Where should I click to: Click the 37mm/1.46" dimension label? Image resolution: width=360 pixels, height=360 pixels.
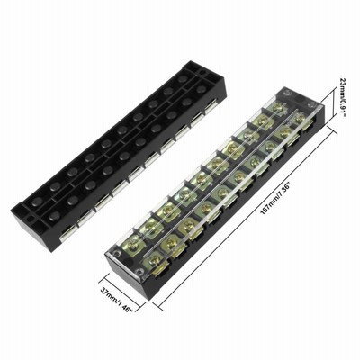click(x=117, y=300)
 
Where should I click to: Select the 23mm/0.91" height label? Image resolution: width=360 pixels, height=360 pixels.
click(x=343, y=97)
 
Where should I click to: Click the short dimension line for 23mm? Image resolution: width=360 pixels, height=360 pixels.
click(x=334, y=103)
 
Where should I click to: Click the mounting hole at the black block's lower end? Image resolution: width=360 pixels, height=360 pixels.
click(x=30, y=219)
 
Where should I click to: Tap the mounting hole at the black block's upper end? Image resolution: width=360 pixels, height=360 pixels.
click(x=203, y=73)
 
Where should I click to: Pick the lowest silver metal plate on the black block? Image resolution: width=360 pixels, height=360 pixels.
click(x=67, y=234)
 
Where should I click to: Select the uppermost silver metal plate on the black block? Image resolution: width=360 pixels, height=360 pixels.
click(x=211, y=109)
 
